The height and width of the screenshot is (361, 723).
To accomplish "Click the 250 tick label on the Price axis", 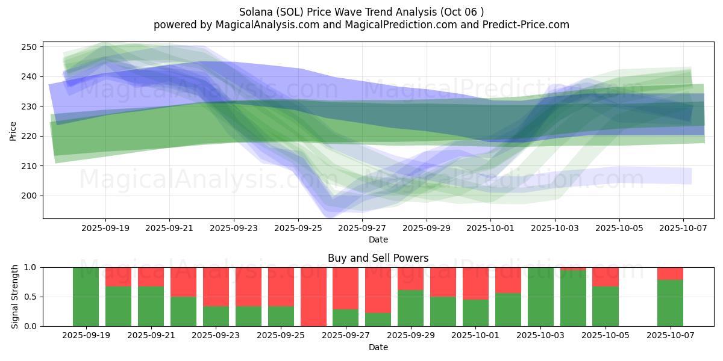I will [x=30, y=47].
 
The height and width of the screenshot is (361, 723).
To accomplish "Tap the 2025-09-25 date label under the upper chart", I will [x=298, y=229].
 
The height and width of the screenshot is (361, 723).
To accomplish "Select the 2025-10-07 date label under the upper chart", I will [x=683, y=229].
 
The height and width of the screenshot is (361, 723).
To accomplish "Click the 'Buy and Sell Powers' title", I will [x=378, y=258].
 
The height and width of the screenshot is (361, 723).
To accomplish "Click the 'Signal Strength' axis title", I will [x=16, y=297].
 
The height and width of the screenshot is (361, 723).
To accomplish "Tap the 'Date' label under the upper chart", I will [x=378, y=239].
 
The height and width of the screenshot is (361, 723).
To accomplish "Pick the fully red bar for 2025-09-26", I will [x=313, y=297].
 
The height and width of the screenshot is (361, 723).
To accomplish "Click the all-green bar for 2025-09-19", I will [x=86, y=297].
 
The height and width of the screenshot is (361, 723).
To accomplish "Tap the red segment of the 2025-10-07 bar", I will [x=670, y=273].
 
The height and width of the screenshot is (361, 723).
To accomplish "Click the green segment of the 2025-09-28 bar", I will [x=378, y=319].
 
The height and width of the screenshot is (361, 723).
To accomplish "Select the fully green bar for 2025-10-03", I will [x=540, y=297].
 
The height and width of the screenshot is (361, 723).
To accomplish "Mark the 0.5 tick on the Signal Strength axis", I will [x=30, y=297].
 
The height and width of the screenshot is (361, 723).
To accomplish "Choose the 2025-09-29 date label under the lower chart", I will [x=410, y=336].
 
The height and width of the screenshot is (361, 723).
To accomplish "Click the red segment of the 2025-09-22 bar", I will [x=183, y=282].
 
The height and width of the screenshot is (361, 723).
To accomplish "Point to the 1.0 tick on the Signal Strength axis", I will [x=30, y=267].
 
